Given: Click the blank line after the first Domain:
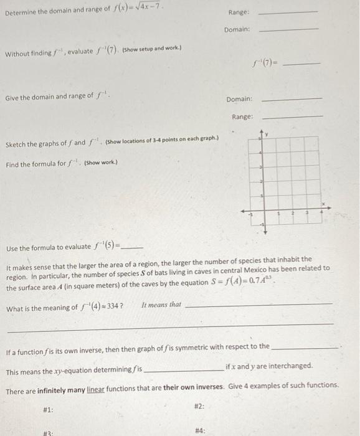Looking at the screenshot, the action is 288,29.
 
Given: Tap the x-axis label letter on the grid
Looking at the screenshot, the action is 324,204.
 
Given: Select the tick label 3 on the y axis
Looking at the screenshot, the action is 260,167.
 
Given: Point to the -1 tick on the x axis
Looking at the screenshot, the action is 250,214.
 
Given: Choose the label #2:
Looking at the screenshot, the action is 199,405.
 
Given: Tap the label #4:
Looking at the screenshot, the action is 201,430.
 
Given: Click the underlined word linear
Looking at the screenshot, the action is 95,385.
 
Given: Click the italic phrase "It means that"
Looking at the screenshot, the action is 161,305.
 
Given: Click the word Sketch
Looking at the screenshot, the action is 17,145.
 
